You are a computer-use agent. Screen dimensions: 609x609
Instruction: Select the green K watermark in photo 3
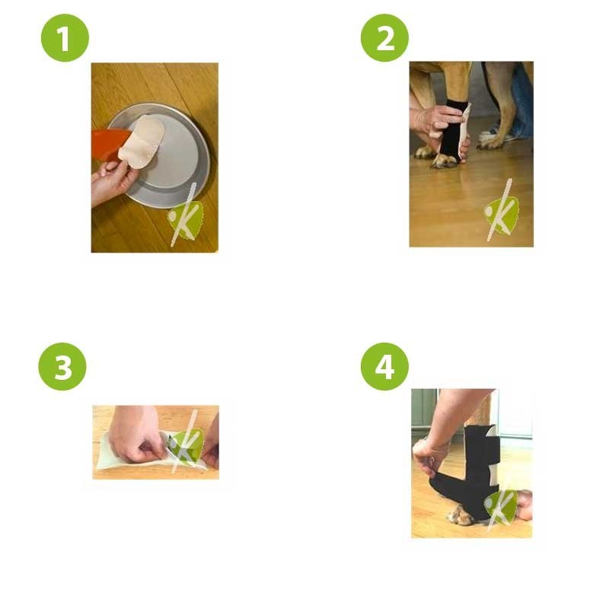point(186,446)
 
